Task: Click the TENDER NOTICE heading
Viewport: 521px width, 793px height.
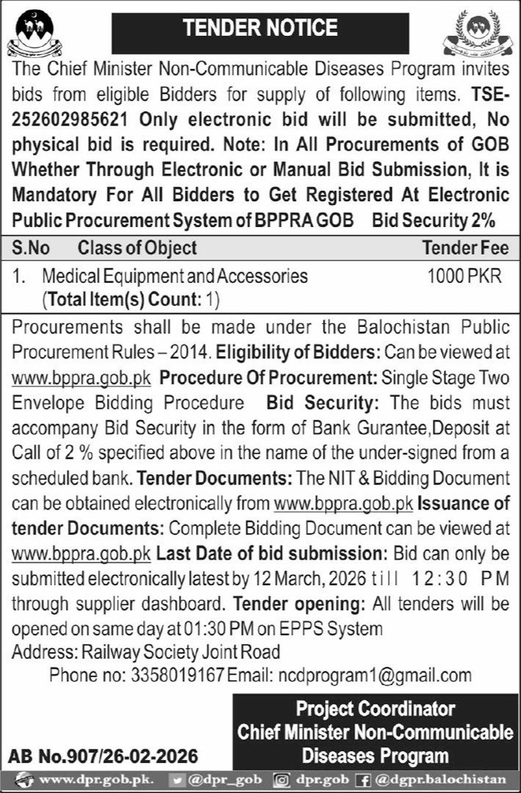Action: click(x=260, y=29)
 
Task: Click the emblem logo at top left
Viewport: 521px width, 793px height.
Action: click(x=34, y=33)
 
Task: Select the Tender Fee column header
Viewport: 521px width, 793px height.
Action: click(x=465, y=247)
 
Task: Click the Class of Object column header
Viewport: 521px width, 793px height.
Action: click(x=137, y=247)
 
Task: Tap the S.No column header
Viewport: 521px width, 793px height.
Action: click(x=32, y=247)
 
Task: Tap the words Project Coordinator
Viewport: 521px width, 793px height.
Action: click(x=375, y=709)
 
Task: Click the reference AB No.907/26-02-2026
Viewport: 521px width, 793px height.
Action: click(x=103, y=754)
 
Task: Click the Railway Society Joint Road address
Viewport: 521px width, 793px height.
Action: click(x=181, y=651)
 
